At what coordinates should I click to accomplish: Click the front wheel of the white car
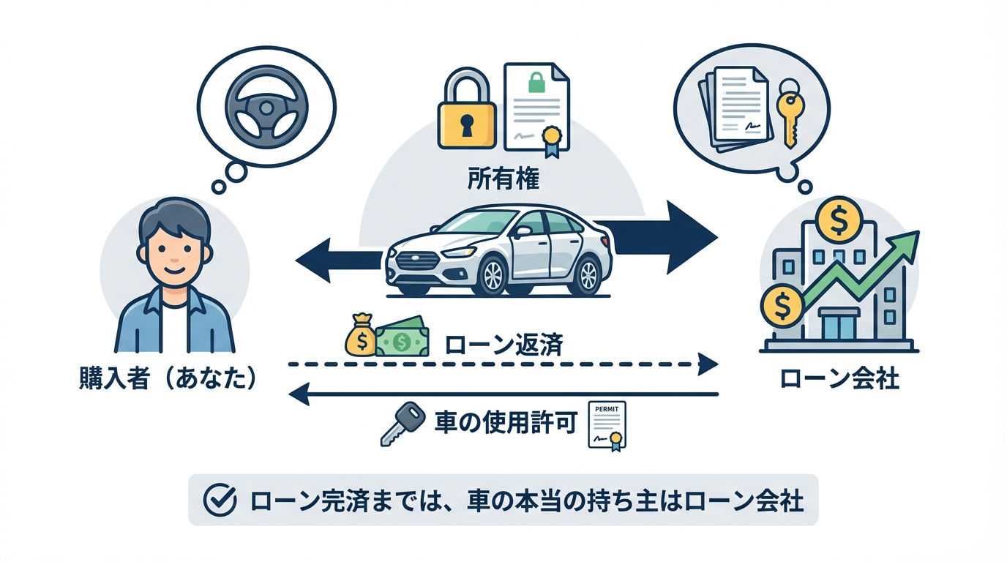[493, 274]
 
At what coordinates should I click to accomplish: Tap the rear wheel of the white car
[588, 274]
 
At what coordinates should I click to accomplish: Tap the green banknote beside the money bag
[400, 339]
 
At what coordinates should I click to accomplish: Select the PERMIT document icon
[608, 424]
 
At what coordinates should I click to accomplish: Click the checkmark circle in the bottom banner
[219, 501]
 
